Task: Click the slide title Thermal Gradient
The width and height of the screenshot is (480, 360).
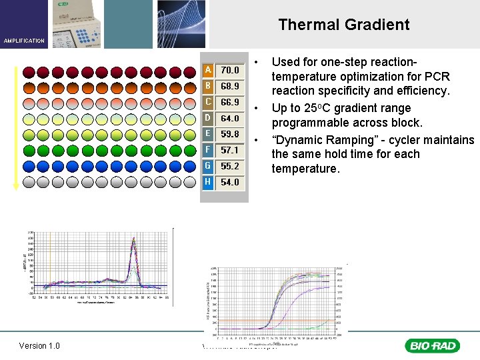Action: pyautogui.click(x=343, y=25)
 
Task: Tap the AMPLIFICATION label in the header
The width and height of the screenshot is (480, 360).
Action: pyautogui.click(x=24, y=41)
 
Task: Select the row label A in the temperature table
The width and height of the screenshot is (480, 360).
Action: pyautogui.click(x=209, y=70)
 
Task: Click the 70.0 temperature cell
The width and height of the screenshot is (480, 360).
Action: pyautogui.click(x=230, y=70)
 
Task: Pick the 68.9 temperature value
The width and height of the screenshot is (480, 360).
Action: pyautogui.click(x=230, y=86)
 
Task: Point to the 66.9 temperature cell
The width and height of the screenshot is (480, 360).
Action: pyautogui.click(x=230, y=102)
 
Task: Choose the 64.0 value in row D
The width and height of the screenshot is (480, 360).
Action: pyautogui.click(x=230, y=118)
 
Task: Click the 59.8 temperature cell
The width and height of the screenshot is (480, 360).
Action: pyautogui.click(x=230, y=134)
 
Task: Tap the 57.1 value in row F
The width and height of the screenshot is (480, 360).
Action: pyautogui.click(x=230, y=150)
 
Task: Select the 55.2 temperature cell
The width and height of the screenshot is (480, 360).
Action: pyautogui.click(x=230, y=166)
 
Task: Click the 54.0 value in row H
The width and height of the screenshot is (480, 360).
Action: pyautogui.click(x=230, y=182)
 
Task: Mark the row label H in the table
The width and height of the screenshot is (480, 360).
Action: pyautogui.click(x=209, y=182)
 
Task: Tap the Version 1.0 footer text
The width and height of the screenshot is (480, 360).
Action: pyautogui.click(x=39, y=345)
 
